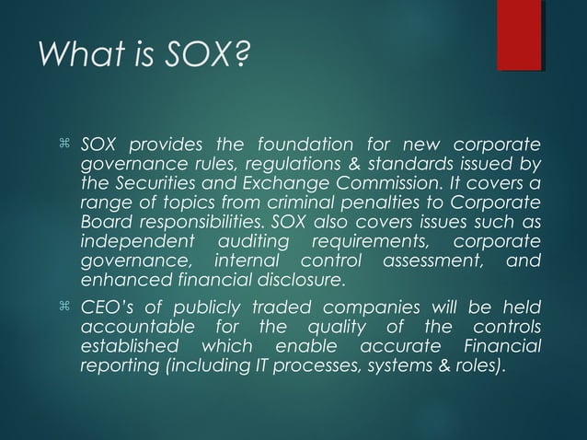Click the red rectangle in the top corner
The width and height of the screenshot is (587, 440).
click(519, 35)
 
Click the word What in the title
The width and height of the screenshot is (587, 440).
click(76, 61)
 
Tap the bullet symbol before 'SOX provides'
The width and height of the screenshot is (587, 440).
click(63, 145)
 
